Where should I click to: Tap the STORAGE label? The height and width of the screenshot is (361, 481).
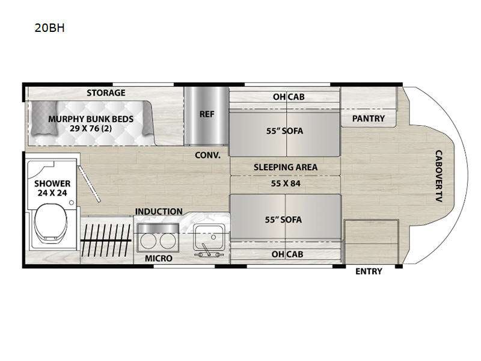coord(106,93)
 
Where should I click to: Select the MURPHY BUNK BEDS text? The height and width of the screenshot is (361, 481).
coord(91,119)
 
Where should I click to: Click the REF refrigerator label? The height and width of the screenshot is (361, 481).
coord(207,113)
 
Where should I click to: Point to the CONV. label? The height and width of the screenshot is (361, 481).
coord(208,155)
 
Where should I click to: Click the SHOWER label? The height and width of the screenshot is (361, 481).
coord(52,184)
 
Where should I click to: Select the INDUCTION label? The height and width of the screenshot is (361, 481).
coord(159,211)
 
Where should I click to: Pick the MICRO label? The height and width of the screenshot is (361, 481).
coord(159,258)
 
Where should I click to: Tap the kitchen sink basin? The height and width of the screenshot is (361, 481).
coord(210,233)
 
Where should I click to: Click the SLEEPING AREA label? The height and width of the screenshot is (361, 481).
coord(286,167)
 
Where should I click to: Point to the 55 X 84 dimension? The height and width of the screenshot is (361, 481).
coord(286,183)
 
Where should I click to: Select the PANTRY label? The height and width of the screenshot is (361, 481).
coord(368,119)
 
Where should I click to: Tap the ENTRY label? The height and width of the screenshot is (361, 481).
coord(369,271)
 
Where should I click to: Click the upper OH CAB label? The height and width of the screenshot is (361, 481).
coord(286,97)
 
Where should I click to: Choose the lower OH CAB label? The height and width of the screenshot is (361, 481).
coord(286,254)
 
